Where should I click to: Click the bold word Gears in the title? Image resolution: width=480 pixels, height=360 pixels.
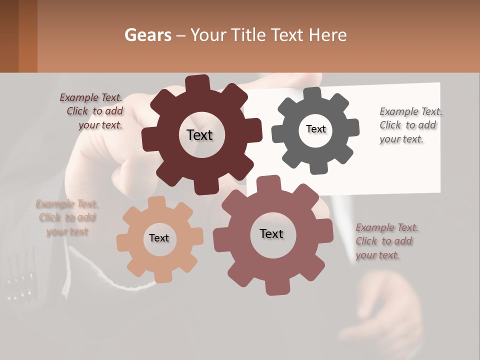147,35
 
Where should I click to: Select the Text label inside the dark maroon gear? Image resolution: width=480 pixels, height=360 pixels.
199,135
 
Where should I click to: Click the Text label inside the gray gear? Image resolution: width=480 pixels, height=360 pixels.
315,129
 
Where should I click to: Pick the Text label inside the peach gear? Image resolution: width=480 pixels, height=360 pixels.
159,238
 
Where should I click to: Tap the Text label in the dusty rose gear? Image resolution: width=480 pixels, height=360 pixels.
271,233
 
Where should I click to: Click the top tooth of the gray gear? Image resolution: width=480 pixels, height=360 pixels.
313,93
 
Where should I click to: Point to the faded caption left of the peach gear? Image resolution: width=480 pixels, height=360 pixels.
67,217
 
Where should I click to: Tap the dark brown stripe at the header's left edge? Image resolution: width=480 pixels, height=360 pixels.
9,36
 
